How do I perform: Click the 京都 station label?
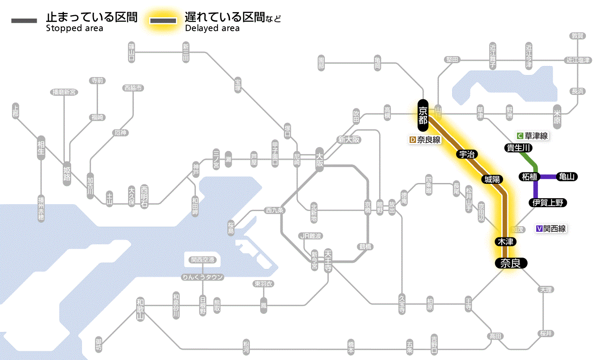pyautogui.click(x=423, y=115)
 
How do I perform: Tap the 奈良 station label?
pyautogui.click(x=510, y=263)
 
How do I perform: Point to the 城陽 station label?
pyautogui.click(x=492, y=179)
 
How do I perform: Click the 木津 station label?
pyautogui.click(x=503, y=242)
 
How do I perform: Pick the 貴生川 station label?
pyautogui.click(x=519, y=148)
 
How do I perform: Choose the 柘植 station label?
pyautogui.click(x=529, y=177)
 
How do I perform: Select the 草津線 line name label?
pyautogui.click(x=536, y=136)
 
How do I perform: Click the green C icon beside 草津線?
pyautogui.click(x=520, y=136)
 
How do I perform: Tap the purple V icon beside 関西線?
pyautogui.click(x=539, y=229)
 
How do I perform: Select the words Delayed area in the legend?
pyautogui.click(x=212, y=28)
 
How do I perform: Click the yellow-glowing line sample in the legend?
pyautogui.click(x=163, y=21)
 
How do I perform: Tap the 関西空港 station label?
pyautogui.click(x=202, y=260)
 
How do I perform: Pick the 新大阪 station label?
pyautogui.click(x=349, y=140)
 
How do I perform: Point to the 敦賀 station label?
pyautogui.click(x=577, y=36)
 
